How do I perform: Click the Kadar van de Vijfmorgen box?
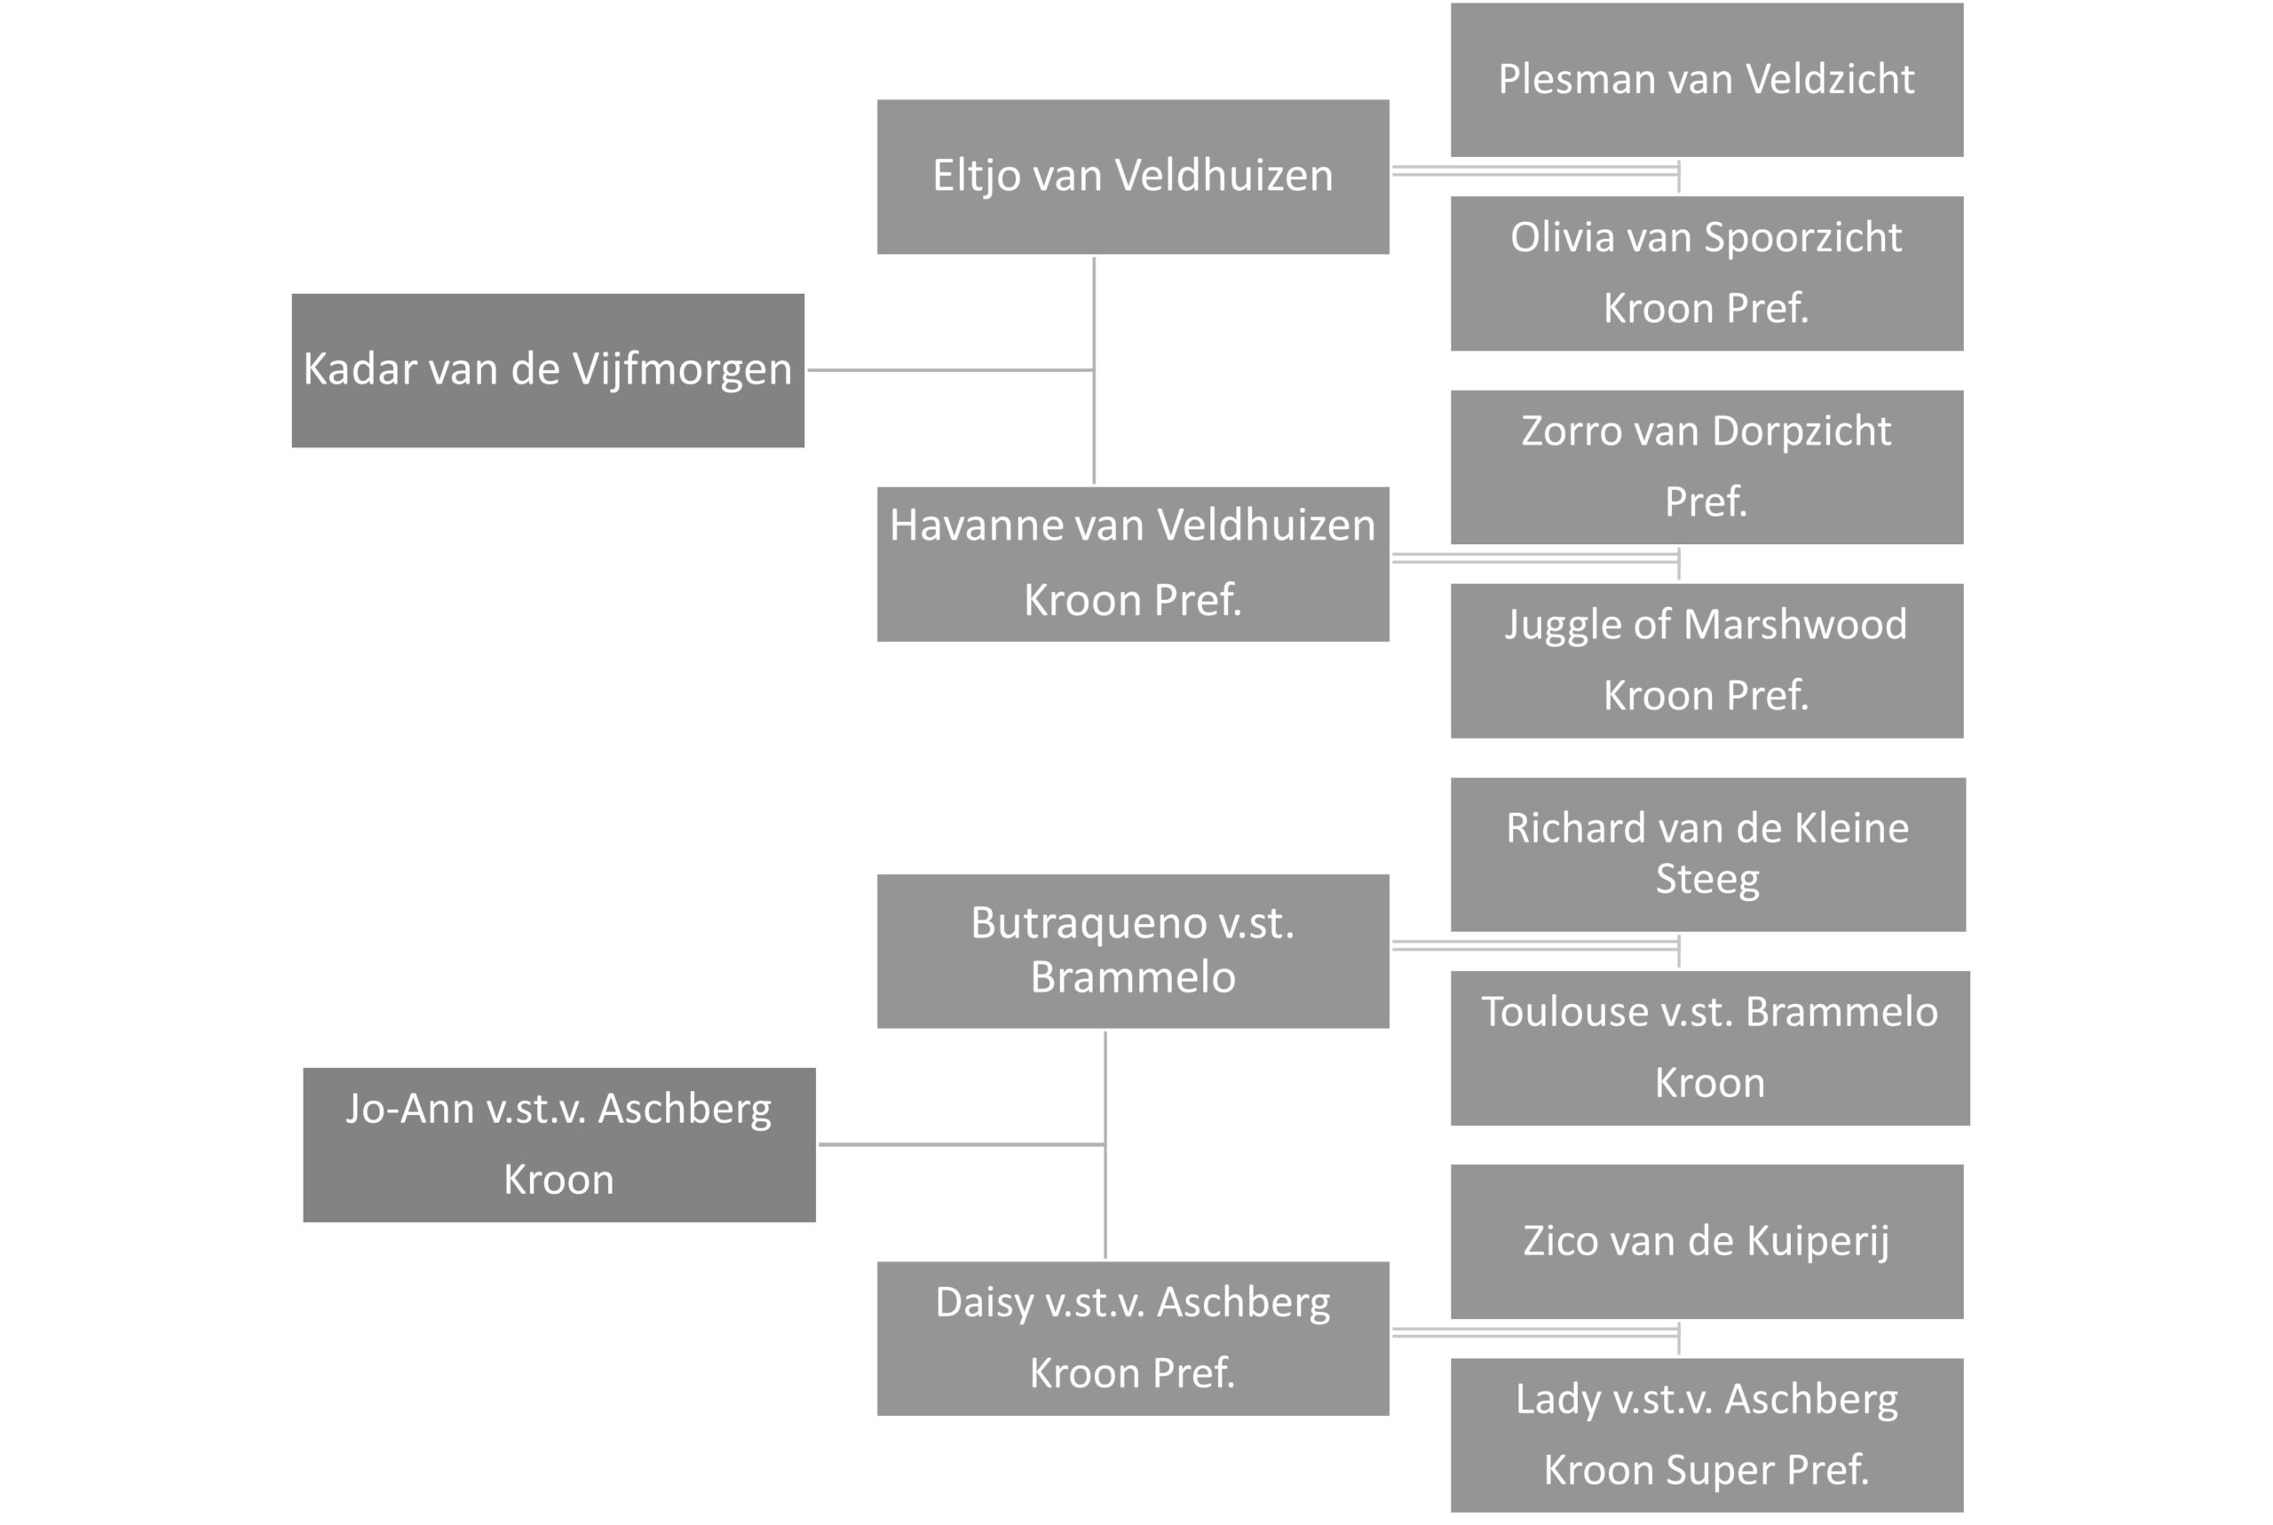(x=548, y=370)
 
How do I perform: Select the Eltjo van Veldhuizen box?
(x=1133, y=177)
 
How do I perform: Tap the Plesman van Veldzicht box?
(x=1707, y=80)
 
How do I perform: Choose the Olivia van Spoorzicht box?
(x=1707, y=273)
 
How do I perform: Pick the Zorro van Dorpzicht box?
(x=1707, y=467)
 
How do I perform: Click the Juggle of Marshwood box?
(x=1707, y=660)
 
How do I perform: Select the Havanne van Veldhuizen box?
(x=1133, y=564)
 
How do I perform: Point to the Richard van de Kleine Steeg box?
(x=1708, y=854)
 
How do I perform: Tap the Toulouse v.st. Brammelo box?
(x=1710, y=1048)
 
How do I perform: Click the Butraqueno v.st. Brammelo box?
(x=1133, y=952)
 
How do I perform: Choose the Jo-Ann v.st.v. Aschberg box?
(x=559, y=1145)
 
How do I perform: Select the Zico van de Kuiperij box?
(x=1707, y=1242)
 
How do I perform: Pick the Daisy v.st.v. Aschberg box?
(x=1133, y=1339)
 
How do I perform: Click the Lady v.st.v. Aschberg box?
(x=1707, y=1435)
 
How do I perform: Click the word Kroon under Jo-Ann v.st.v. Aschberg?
(x=559, y=1180)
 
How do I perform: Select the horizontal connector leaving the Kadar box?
(x=950, y=369)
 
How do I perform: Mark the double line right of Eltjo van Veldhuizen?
(x=1536, y=171)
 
